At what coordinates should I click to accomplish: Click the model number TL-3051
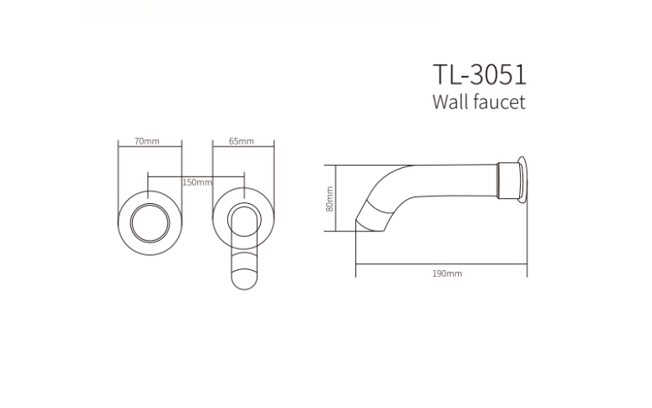click(480, 74)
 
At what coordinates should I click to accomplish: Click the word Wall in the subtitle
click(451, 102)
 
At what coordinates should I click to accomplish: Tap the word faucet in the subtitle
click(499, 102)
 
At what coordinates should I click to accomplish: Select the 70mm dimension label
click(147, 141)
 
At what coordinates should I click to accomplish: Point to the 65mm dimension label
click(242, 141)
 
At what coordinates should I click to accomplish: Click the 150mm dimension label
click(197, 182)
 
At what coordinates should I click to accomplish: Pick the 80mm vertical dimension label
click(329, 199)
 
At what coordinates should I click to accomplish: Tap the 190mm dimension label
click(447, 273)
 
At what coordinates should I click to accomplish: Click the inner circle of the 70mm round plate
click(150, 204)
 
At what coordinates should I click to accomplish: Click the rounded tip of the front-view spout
click(244, 288)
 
